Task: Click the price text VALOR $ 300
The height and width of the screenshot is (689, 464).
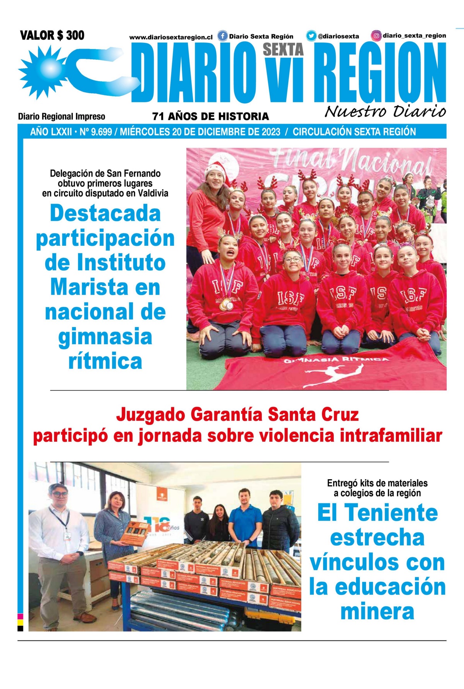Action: (x=52, y=36)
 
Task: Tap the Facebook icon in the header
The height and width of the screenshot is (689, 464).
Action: (x=222, y=36)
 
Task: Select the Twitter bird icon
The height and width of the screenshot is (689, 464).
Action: (x=311, y=36)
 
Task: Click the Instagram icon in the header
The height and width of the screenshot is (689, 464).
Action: (x=376, y=36)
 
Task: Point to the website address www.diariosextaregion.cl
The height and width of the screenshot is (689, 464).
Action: (x=171, y=38)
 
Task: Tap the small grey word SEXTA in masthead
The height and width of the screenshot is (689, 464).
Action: (x=283, y=49)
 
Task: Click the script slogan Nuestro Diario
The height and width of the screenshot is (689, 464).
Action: (x=385, y=111)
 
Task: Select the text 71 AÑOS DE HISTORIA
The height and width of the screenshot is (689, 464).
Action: (x=211, y=116)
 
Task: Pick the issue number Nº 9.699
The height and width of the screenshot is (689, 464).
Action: (x=96, y=132)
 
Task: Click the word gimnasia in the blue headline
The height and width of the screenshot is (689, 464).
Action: (x=105, y=337)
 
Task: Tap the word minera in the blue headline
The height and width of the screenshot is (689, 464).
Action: (x=377, y=611)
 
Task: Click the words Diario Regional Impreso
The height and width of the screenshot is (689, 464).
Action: (x=62, y=116)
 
